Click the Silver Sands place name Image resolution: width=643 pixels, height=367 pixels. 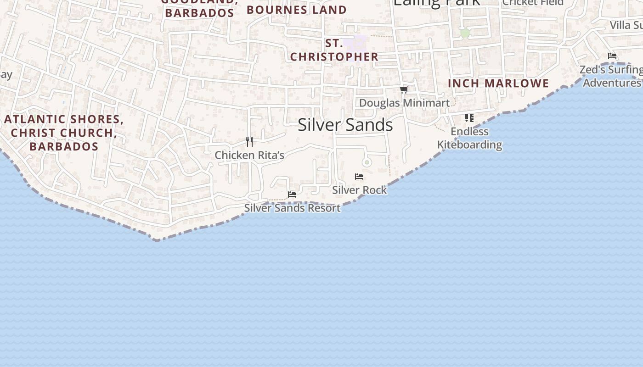pyautogui.click(x=345, y=125)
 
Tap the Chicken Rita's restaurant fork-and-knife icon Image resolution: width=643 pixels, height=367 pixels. pyautogui.click(x=249, y=141)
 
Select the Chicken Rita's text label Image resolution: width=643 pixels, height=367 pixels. pyautogui.click(x=249, y=155)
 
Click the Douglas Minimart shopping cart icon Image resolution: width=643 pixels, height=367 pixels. pyautogui.click(x=404, y=89)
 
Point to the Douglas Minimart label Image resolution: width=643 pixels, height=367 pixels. pyautogui.click(x=404, y=103)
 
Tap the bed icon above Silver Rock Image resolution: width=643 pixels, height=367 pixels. pyautogui.click(x=359, y=177)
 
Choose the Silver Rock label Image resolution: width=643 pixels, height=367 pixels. pyautogui.click(x=359, y=190)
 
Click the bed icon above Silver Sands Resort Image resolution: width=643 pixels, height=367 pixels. pyautogui.click(x=292, y=195)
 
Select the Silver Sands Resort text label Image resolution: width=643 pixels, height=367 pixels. pyautogui.click(x=292, y=208)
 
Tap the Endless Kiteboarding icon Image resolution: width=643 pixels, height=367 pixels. pyautogui.click(x=469, y=118)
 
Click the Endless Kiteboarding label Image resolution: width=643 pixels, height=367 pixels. pyautogui.click(x=469, y=138)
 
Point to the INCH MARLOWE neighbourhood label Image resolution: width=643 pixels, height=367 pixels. pyautogui.click(x=498, y=83)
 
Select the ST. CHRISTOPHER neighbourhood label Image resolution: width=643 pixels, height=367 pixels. pyautogui.click(x=334, y=50)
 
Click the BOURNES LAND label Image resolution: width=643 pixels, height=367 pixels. pyautogui.click(x=297, y=10)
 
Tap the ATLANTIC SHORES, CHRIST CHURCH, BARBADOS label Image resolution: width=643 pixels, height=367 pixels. pyautogui.click(x=63, y=133)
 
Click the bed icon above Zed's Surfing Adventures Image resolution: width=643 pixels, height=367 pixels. pyautogui.click(x=612, y=56)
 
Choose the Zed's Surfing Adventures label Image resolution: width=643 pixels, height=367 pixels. pyautogui.click(x=611, y=76)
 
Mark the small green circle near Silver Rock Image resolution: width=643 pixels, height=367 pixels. pyautogui.click(x=367, y=162)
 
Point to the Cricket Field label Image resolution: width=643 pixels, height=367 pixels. pyautogui.click(x=533, y=2)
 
